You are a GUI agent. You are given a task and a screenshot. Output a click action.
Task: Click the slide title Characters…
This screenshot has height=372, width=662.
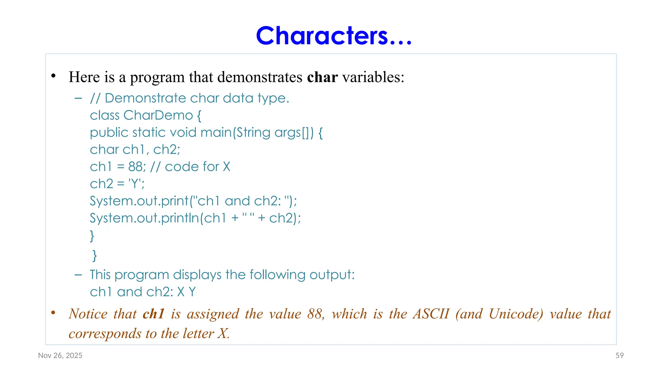[334, 36]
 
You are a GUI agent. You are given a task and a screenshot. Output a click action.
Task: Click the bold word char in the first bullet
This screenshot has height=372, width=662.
[322, 77]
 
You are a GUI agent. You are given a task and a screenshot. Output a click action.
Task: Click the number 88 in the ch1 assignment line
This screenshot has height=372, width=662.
[135, 167]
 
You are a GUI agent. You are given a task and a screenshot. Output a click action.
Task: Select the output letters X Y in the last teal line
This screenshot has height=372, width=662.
[186, 292]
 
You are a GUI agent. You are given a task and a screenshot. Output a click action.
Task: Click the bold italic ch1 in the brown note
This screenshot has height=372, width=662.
[154, 314]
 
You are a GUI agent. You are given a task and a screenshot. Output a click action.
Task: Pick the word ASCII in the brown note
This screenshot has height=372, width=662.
[431, 314]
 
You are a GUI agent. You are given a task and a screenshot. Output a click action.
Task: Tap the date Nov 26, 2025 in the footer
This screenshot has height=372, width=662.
[60, 356]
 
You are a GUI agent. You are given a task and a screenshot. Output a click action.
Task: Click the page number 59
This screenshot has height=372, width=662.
[619, 356]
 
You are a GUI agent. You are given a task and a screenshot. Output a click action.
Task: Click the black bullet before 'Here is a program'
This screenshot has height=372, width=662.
[54, 76]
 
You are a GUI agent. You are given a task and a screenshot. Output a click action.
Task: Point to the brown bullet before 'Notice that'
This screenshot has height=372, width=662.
[54, 313]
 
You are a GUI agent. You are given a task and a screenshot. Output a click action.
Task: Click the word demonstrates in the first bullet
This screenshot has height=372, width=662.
[260, 77]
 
